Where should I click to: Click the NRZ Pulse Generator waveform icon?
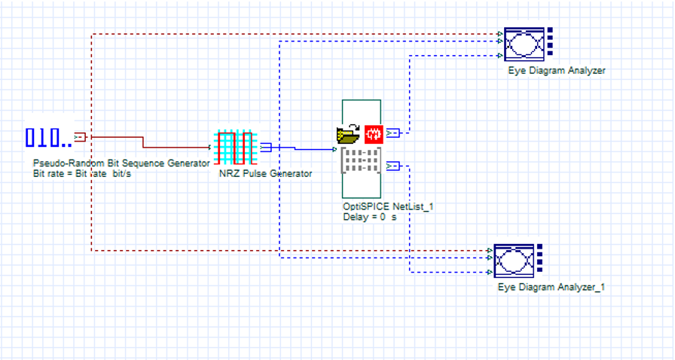click(236, 148)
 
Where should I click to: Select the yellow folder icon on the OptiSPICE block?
click(348, 134)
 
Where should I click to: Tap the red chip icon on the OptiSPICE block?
click(374, 134)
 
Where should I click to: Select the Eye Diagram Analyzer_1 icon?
click(514, 261)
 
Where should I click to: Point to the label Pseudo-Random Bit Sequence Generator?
click(121, 163)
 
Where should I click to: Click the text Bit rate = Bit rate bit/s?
click(83, 173)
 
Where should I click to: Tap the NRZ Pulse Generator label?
click(265, 174)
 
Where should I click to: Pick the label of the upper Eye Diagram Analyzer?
click(556, 71)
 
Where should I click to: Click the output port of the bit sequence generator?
click(80, 137)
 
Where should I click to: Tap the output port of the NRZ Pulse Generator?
click(265, 148)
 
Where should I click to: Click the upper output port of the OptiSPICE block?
click(392, 133)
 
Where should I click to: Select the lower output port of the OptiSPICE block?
click(392, 166)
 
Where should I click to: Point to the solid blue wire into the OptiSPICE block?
click(309, 149)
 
